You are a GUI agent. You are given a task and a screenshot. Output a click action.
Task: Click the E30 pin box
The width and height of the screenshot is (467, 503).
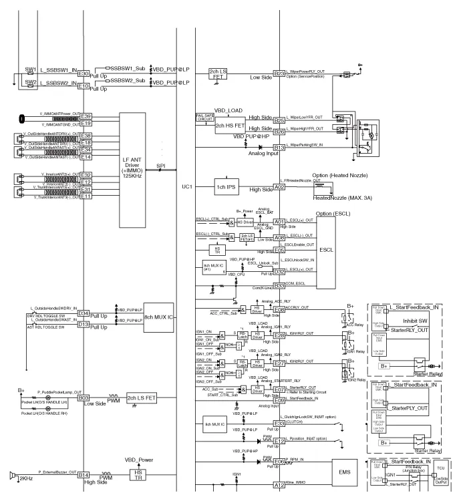(84, 73)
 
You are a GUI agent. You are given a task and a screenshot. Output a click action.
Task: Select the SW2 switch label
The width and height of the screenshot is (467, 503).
(30, 82)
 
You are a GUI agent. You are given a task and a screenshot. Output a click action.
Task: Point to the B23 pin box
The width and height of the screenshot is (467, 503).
(279, 73)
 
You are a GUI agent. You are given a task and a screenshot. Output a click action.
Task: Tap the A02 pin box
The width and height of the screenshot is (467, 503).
(279, 188)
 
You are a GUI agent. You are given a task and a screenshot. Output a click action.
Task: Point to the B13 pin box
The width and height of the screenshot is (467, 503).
(279, 147)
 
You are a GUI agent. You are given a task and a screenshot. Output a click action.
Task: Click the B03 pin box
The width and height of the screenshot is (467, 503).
(84, 397)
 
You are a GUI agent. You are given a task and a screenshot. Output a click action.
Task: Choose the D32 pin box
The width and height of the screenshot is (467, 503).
(279, 272)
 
